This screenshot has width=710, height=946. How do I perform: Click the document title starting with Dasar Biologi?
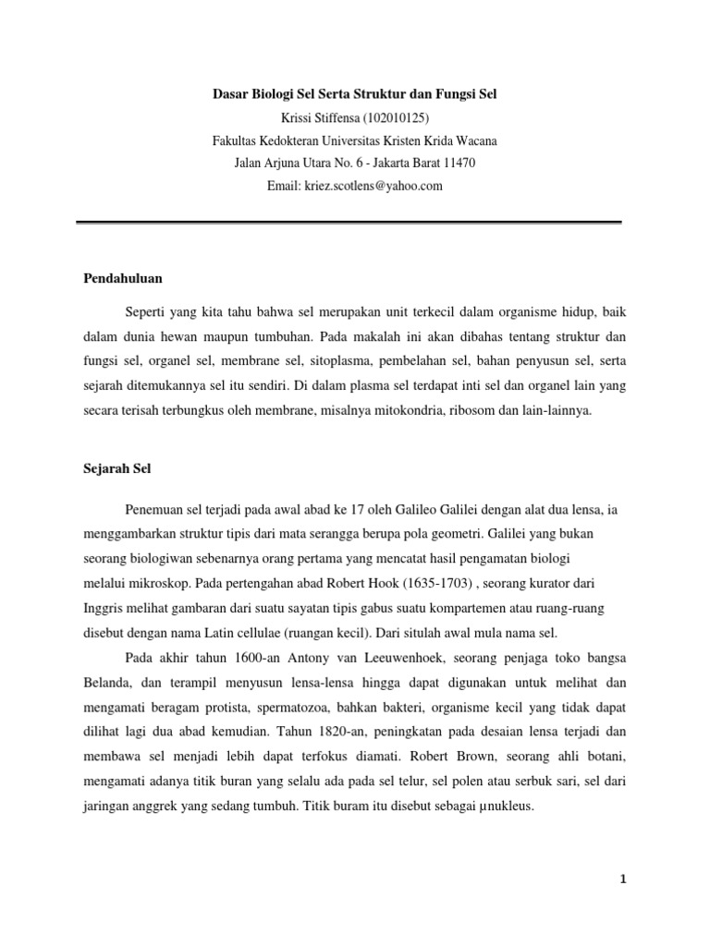[x=355, y=96]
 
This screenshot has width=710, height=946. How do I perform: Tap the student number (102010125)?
[x=398, y=118]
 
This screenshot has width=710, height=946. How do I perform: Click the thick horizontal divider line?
[x=349, y=222]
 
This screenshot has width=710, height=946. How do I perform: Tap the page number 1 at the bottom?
[x=623, y=879]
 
